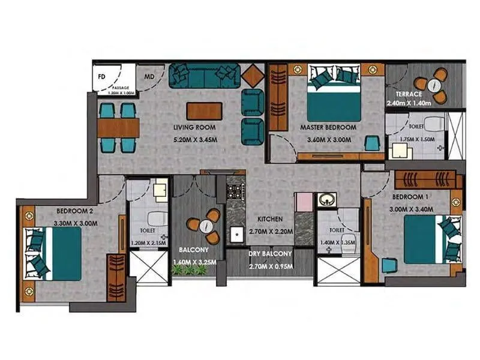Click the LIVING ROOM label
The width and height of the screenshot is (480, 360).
tap(194, 127)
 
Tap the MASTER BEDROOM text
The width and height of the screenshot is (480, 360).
tap(328, 127)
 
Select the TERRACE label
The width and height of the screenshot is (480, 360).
tap(408, 94)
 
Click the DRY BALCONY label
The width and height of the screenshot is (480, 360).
tap(270, 254)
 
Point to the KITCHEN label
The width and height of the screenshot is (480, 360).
tap(270, 219)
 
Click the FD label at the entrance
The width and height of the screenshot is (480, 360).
tap(101, 77)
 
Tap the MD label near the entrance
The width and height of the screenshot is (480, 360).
tap(148, 77)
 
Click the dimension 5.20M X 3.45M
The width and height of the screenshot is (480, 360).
tap(194, 142)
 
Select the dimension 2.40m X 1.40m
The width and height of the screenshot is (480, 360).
tap(409, 103)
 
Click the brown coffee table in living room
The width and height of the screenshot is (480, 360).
tap(204, 111)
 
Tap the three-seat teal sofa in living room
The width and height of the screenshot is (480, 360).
tap(204, 74)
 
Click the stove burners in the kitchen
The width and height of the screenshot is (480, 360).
tap(234, 192)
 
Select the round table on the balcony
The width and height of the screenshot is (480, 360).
tap(206, 226)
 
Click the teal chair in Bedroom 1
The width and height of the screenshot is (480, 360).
tap(389, 264)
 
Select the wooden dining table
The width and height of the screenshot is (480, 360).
tap(118, 127)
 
